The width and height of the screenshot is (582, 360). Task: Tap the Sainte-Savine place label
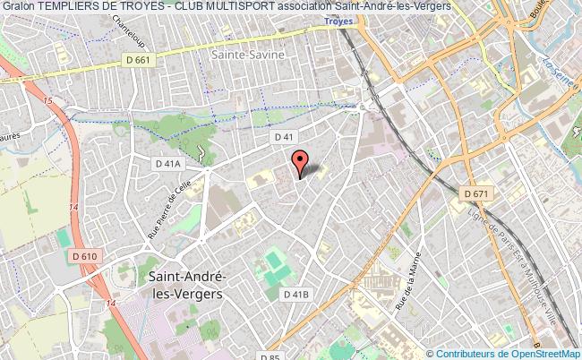[248, 54]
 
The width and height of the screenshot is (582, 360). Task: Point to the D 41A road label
[167, 164]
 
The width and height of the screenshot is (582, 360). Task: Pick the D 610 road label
[85, 257]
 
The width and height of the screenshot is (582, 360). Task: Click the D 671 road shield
[477, 193]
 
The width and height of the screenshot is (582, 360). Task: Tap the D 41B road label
[295, 294]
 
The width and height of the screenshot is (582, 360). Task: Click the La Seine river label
[556, 65]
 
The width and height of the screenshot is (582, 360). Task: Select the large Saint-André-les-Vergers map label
[184, 284]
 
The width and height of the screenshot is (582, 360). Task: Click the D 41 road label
[284, 136]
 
